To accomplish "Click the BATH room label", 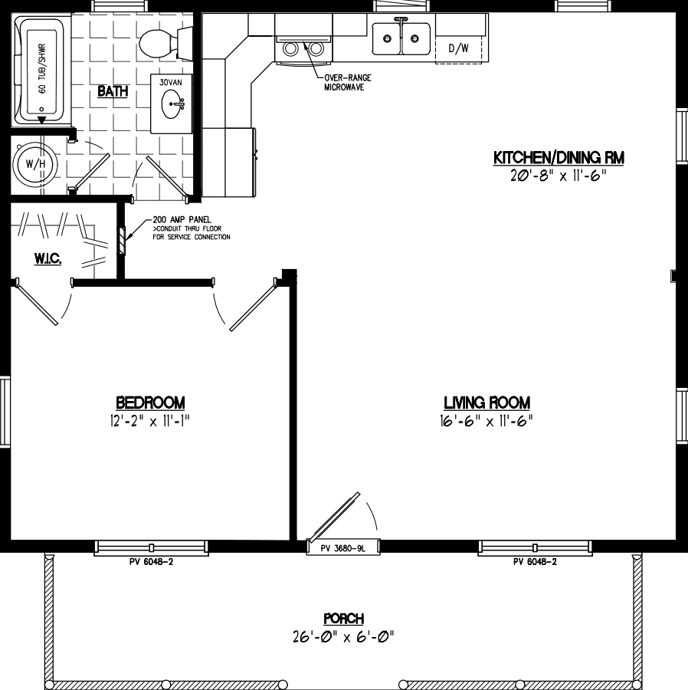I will [x=112, y=92].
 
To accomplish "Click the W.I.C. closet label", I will [x=48, y=261].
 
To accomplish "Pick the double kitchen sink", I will [x=401, y=38].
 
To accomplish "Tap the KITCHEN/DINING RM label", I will [x=558, y=158].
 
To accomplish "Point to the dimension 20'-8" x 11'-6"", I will [x=558, y=175].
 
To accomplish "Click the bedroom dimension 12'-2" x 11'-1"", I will [x=150, y=420].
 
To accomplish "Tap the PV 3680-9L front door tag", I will [x=342, y=547].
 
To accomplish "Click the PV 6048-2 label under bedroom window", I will [x=151, y=562].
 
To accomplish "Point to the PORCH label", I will [x=343, y=619].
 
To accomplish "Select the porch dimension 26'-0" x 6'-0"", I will [x=343, y=636].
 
